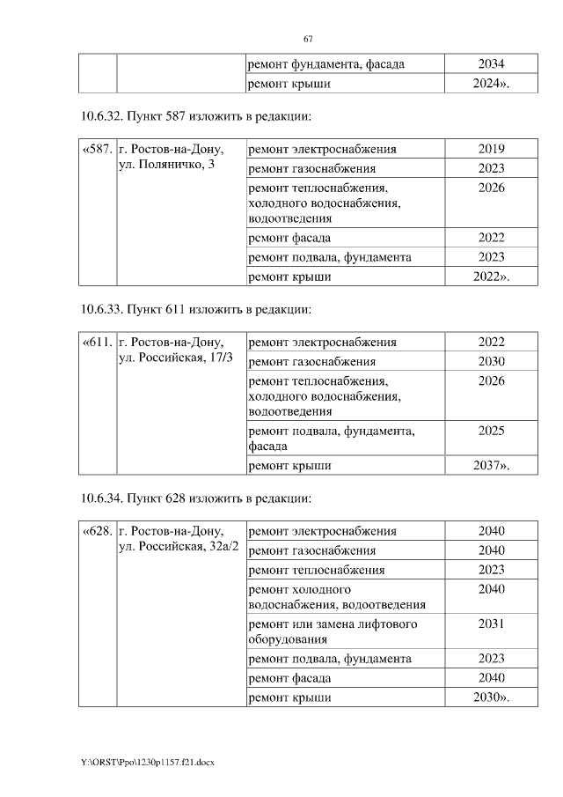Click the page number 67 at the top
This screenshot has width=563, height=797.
[308, 39]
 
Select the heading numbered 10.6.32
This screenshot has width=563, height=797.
[194, 116]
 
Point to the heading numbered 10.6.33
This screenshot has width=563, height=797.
[194, 309]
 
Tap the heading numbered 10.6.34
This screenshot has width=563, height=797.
[194, 498]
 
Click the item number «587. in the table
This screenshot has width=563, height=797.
[98, 149]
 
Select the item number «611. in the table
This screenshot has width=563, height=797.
[98, 343]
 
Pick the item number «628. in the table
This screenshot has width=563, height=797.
[98, 531]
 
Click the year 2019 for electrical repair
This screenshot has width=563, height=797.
[491, 149]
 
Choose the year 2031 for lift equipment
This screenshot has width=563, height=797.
[491, 624]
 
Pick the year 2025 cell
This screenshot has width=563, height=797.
[491, 431]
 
